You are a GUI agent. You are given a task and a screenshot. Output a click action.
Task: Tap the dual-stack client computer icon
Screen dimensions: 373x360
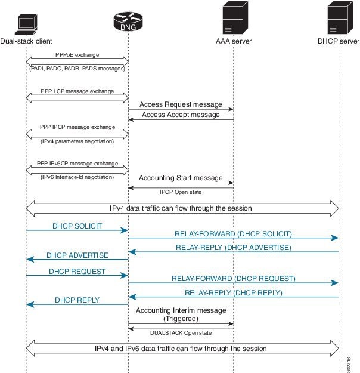point(26,23)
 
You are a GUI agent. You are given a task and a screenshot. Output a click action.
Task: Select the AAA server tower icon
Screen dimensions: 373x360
point(233,19)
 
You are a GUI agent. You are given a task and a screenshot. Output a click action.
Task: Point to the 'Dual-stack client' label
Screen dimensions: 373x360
point(26,41)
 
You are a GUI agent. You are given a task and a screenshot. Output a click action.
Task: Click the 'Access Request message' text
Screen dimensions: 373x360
point(181,104)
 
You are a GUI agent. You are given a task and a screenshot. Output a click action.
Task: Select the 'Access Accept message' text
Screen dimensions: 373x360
point(181,115)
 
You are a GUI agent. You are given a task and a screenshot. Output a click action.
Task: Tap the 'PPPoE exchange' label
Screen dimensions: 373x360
point(77,55)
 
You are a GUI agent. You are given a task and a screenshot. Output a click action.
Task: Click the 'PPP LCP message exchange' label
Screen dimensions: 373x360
point(77,91)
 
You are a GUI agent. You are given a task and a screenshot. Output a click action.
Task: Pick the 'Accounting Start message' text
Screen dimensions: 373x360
point(181,178)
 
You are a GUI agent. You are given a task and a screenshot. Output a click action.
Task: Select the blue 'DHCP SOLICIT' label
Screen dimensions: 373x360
point(77,226)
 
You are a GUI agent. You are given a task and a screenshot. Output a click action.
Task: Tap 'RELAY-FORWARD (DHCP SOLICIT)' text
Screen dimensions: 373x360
point(233,233)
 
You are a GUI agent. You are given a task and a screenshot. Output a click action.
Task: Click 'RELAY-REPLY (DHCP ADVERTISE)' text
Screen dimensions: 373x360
point(233,247)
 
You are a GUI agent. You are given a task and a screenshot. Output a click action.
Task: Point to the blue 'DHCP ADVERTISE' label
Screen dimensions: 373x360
point(77,255)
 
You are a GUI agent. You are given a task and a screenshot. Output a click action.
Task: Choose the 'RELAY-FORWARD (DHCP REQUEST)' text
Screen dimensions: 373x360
point(233,278)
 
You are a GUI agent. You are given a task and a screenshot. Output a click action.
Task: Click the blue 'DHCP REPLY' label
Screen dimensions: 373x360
point(77,300)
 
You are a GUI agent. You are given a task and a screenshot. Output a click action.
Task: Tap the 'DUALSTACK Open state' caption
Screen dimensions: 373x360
point(181,332)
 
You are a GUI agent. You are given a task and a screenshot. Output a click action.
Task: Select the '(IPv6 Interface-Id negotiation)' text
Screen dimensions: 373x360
point(77,178)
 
